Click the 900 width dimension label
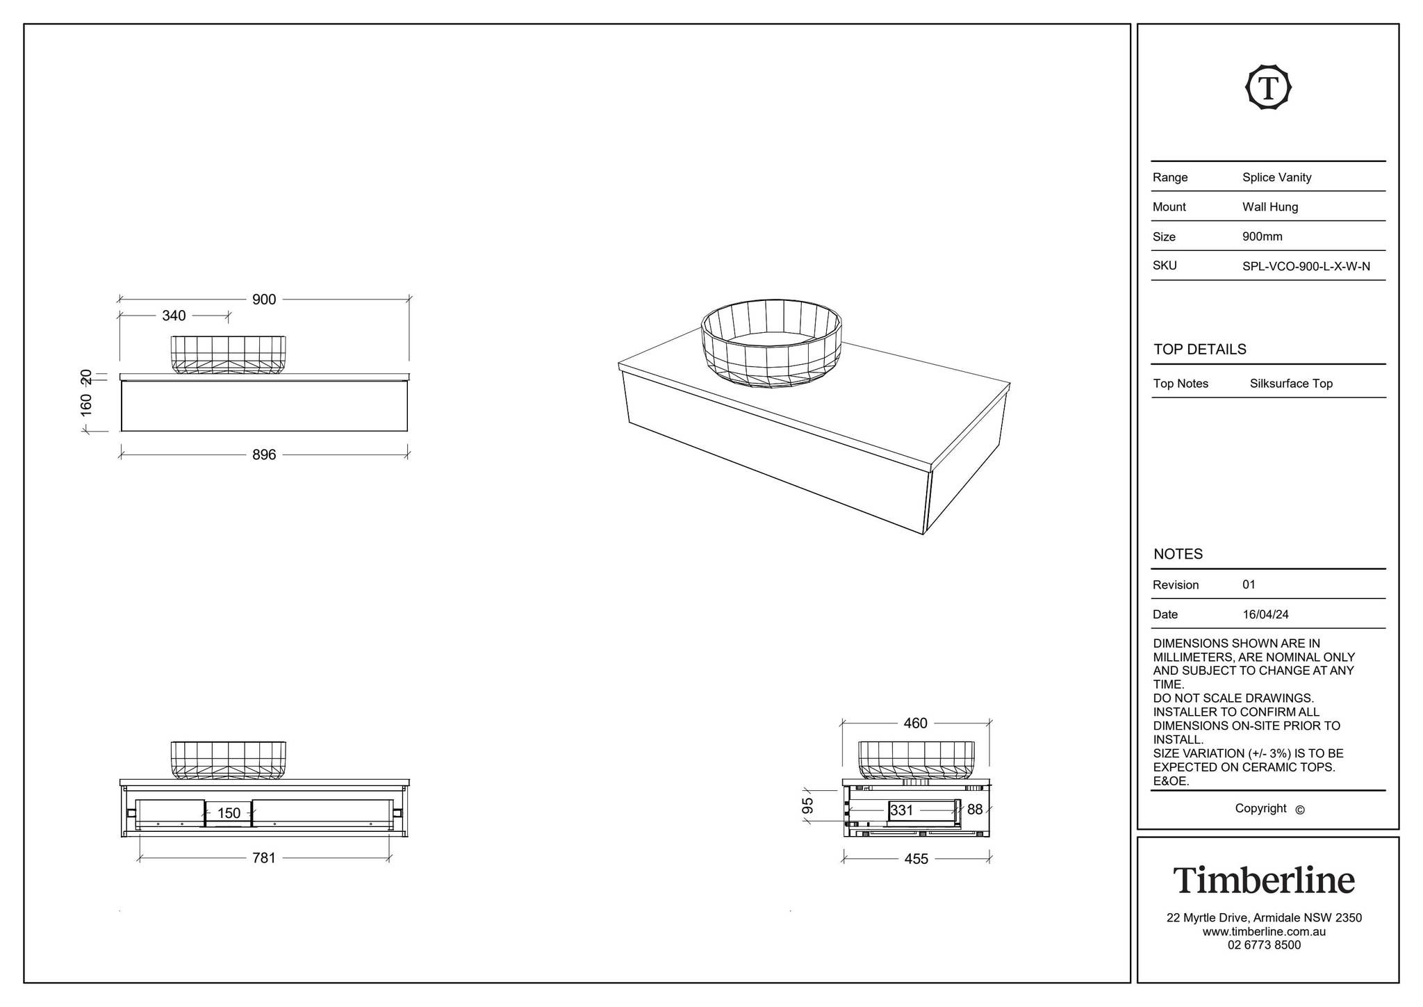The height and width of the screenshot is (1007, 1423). tap(264, 300)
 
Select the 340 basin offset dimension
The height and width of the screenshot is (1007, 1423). tap(174, 316)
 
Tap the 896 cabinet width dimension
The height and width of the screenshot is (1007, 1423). tap(264, 455)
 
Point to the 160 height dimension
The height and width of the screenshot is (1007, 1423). tap(86, 404)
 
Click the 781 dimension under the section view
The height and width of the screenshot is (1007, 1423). tap(264, 858)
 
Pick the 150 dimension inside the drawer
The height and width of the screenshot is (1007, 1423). tap(229, 813)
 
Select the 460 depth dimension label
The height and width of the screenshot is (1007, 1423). tap(915, 723)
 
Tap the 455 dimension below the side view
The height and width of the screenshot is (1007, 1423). tap(916, 859)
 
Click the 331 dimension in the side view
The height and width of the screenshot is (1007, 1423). tap(901, 810)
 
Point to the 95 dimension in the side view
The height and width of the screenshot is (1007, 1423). tap(807, 806)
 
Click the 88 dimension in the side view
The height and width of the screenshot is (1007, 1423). tap(975, 810)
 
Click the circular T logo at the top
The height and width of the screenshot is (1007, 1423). tap(1268, 88)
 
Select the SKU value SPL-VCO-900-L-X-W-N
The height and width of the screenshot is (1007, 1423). tap(1306, 266)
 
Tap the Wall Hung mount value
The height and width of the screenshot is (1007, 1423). tap(1270, 207)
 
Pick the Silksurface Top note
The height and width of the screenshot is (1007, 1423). tap(1291, 384)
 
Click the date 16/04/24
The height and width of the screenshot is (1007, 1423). tap(1265, 614)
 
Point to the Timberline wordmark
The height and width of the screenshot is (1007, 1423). tap(1264, 881)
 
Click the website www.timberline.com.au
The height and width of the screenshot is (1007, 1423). tap(1264, 932)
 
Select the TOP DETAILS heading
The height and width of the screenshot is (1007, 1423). tap(1200, 350)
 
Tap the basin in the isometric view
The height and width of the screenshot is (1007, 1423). tap(771, 343)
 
